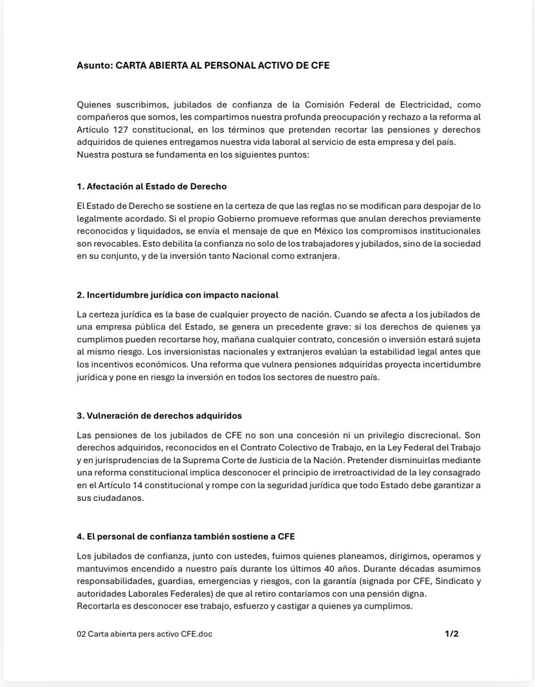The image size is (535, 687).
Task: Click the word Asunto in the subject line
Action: [93, 66]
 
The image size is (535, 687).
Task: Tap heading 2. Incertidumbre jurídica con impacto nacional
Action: [177, 295]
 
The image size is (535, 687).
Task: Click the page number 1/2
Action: [451, 634]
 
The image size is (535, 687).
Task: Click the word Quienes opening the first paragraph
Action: [93, 105]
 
